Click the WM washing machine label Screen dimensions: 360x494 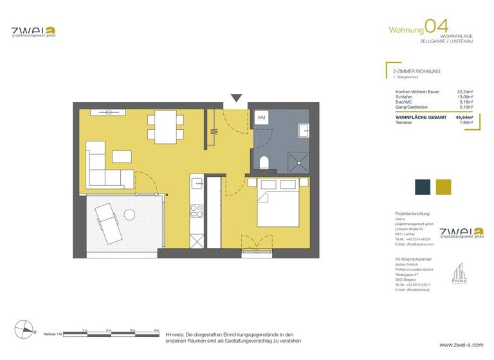(x=261, y=118)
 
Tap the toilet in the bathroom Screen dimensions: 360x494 (x=264, y=161)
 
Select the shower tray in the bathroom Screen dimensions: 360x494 (x=297, y=160)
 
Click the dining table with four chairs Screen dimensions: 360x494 (x=160, y=127)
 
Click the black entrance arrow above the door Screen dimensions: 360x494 (x=236, y=98)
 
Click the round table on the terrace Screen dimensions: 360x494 (x=130, y=213)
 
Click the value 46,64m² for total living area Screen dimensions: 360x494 (x=464, y=118)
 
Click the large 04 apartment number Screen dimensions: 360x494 (x=437, y=27)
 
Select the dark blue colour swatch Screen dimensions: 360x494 (x=422, y=186)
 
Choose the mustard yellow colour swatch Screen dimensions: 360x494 (x=444, y=186)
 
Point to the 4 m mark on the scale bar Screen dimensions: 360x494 (x=156, y=330)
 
